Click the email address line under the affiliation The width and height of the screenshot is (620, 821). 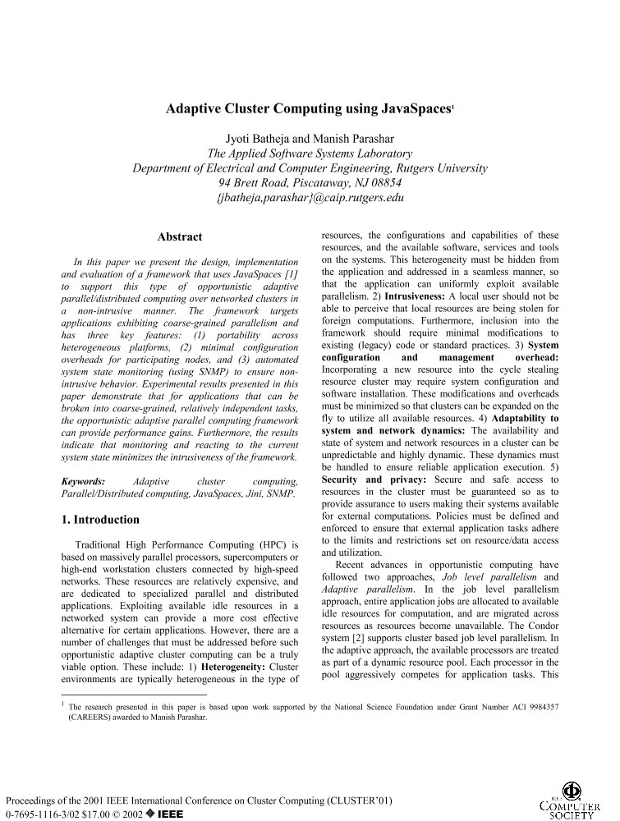click(x=310, y=198)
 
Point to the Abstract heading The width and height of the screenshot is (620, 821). click(x=180, y=237)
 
